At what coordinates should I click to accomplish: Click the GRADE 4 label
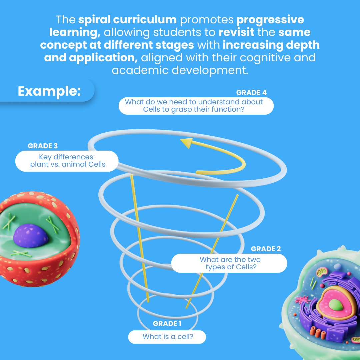(251, 93)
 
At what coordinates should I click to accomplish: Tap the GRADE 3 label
(43, 146)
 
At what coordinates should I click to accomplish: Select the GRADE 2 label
(266, 249)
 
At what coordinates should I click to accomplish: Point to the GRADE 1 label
(167, 324)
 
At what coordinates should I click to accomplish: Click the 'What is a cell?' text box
(167, 337)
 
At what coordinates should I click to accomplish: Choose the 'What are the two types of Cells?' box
(229, 263)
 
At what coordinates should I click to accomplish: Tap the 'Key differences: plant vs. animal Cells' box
(67, 161)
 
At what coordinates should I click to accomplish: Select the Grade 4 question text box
(196, 106)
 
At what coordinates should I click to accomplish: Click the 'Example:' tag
(49, 91)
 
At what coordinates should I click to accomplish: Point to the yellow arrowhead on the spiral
(186, 143)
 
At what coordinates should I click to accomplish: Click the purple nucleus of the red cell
(31, 236)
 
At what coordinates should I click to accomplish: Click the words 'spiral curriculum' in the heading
(127, 20)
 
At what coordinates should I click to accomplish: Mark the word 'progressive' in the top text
(270, 20)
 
